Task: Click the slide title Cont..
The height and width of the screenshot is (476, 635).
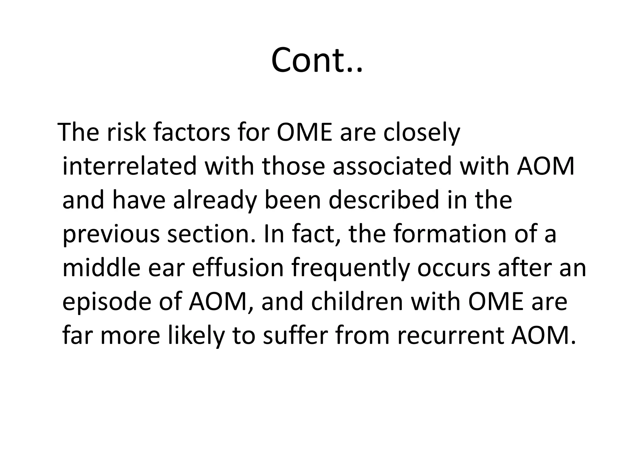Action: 317,60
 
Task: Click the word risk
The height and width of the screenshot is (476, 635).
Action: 126,133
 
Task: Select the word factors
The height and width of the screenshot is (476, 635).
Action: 192,133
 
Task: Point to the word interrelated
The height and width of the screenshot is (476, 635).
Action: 130,166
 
